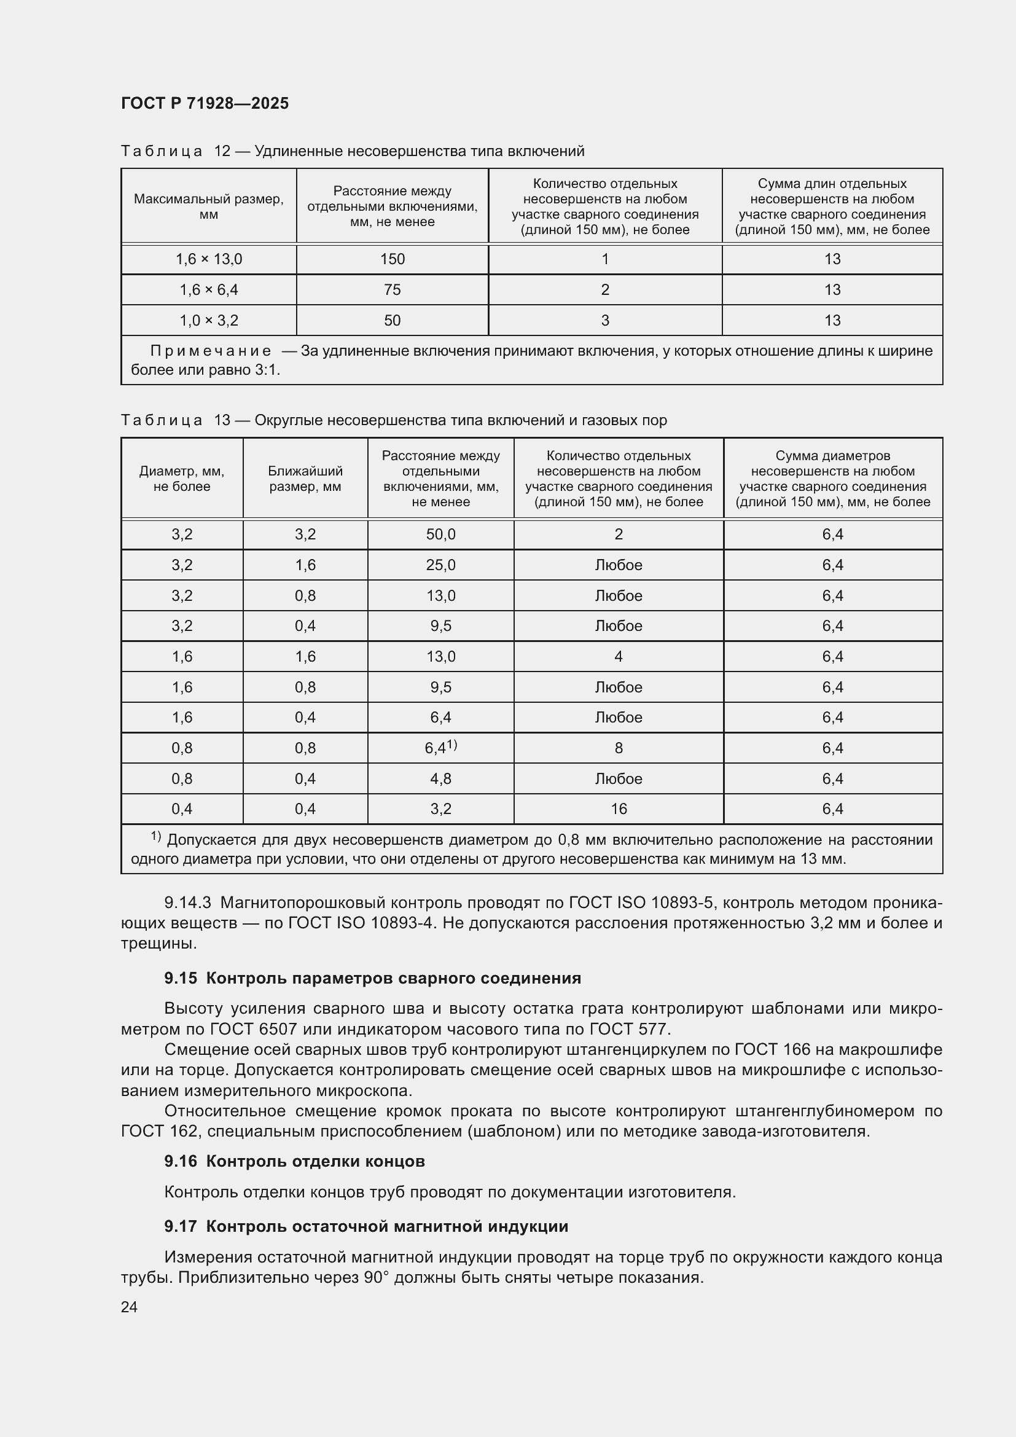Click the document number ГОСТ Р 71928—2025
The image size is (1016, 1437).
[x=205, y=103]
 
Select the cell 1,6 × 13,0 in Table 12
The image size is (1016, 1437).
[x=208, y=259]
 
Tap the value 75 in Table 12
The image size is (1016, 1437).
[x=393, y=290]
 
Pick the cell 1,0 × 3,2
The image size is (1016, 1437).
[x=208, y=321]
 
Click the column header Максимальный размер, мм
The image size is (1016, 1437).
[x=208, y=206]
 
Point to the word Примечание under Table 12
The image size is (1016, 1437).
[x=211, y=351]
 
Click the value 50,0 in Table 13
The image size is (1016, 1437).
[x=440, y=534]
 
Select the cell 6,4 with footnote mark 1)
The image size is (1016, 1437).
[x=440, y=748]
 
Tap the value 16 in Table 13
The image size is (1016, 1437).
[x=618, y=809]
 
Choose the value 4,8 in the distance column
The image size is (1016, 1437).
[x=440, y=778]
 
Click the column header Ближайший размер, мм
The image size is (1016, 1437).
[x=305, y=479]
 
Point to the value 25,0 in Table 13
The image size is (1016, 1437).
[x=440, y=565]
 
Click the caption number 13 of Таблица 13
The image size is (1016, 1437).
[x=222, y=420]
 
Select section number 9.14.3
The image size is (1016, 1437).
[x=188, y=903]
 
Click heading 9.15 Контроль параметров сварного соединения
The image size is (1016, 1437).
[x=372, y=978]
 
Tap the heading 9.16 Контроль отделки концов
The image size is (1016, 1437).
[x=294, y=1162]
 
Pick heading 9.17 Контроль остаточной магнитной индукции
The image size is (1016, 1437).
[x=366, y=1226]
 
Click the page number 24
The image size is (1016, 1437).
[x=129, y=1307]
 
